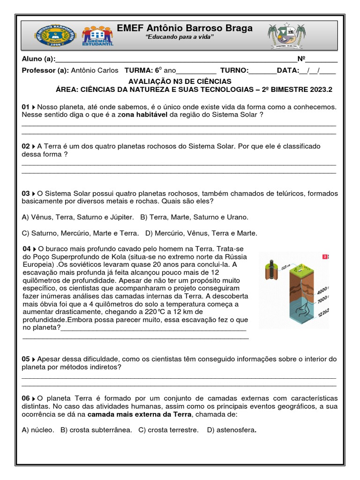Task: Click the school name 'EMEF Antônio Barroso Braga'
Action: coord(184,28)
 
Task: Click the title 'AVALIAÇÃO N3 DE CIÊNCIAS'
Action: coord(180,81)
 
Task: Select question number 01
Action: coord(26,107)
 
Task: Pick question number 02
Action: coord(26,146)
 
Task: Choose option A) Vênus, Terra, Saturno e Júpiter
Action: coord(78,217)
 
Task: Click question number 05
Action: coord(26,359)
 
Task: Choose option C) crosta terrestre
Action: coord(168,429)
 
